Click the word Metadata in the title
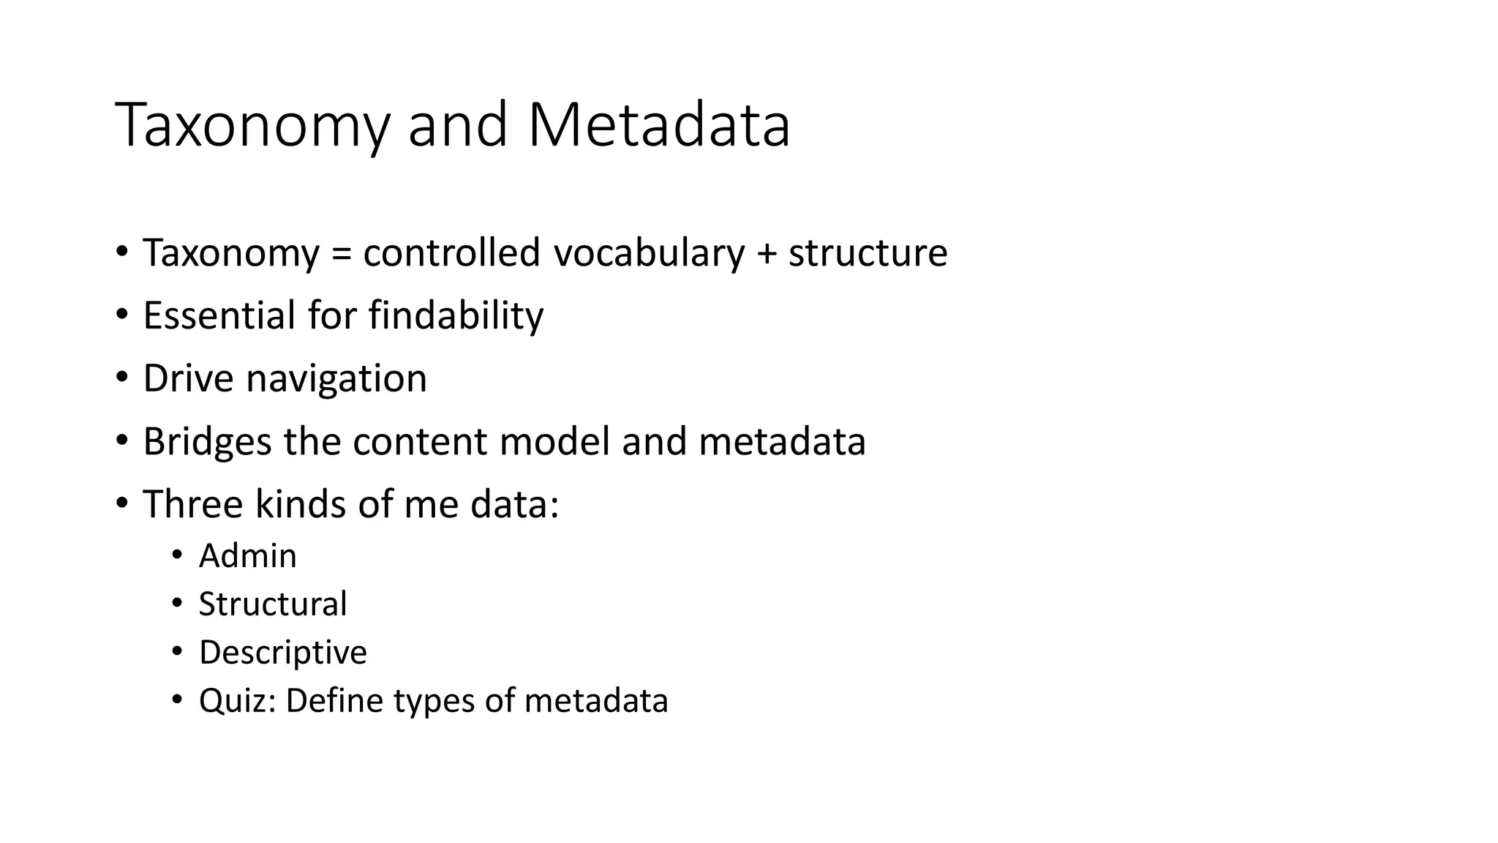pos(658,126)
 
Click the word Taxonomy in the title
pos(252,126)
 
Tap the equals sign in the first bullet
pos(341,253)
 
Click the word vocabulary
pos(649,253)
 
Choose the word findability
pos(456,315)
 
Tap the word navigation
pos(336,379)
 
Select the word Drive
pos(189,378)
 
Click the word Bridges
pos(207,442)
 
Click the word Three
pos(192,505)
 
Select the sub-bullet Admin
pos(248,556)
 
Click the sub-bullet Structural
pos(273,604)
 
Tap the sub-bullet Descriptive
pos(283,653)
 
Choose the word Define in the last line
pos(334,701)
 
